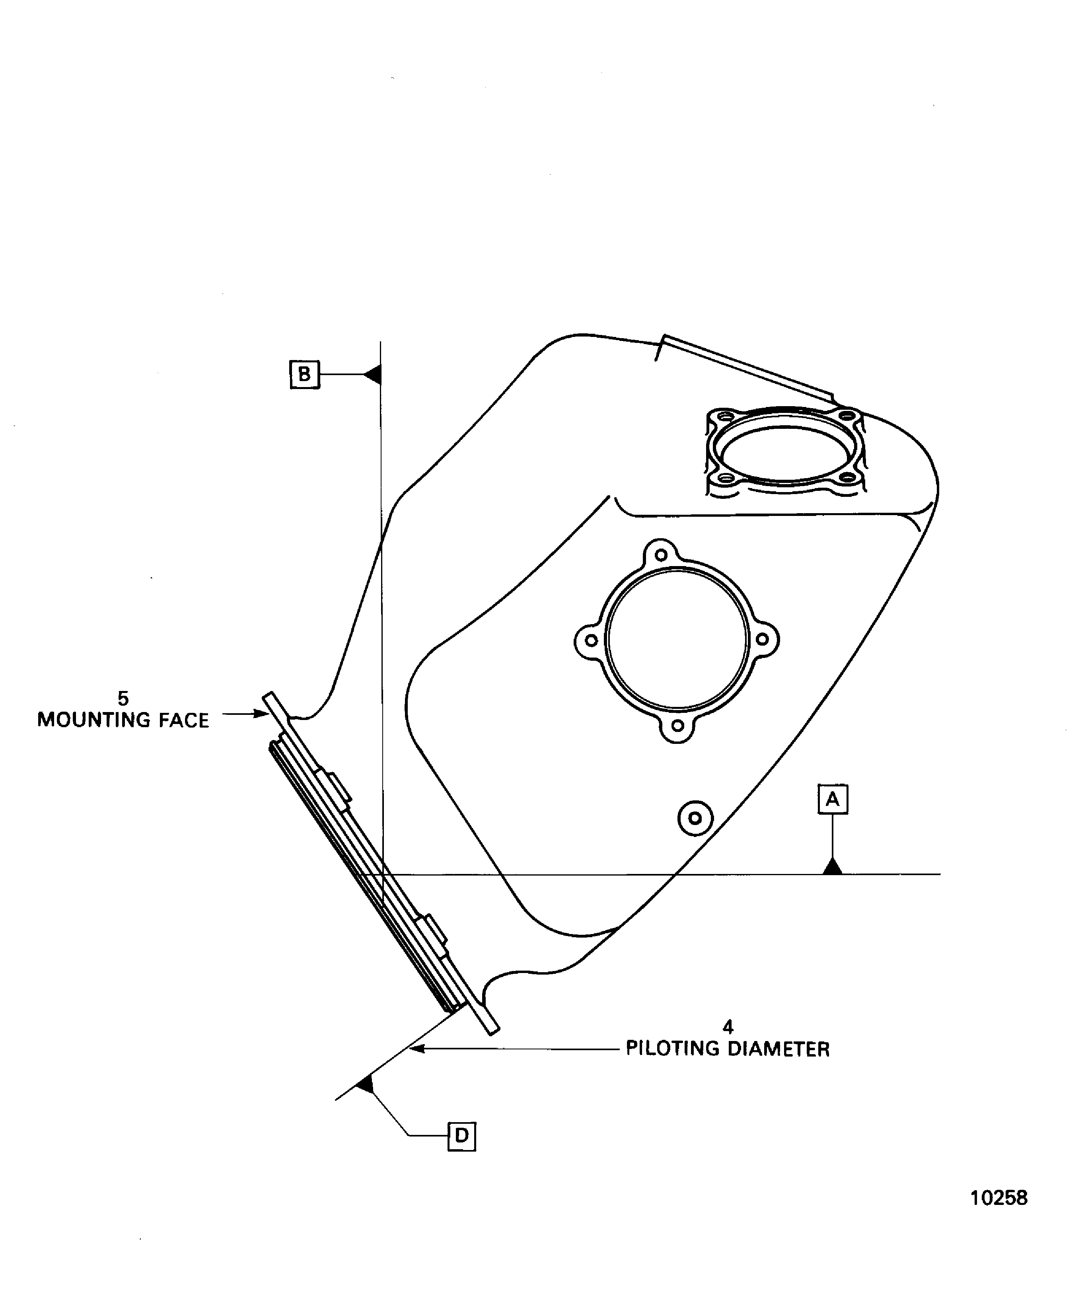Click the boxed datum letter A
833,799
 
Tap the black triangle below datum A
833,866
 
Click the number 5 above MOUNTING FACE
123,699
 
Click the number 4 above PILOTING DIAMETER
728,1027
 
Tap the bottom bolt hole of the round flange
677,726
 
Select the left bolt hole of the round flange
592,640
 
